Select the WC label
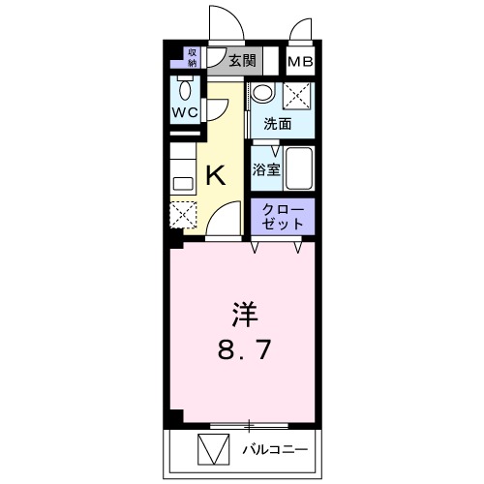click(x=185, y=112)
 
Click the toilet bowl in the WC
click(x=185, y=90)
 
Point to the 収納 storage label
click(x=192, y=57)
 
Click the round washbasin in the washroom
click(x=262, y=94)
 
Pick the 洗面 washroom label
click(x=277, y=124)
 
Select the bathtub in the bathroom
click(x=299, y=170)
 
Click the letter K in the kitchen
click(x=216, y=175)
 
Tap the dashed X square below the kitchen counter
click(x=183, y=214)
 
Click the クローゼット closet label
click(x=283, y=216)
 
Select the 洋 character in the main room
click(x=244, y=315)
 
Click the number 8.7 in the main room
click(x=244, y=349)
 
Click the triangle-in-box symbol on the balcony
click(x=211, y=450)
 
